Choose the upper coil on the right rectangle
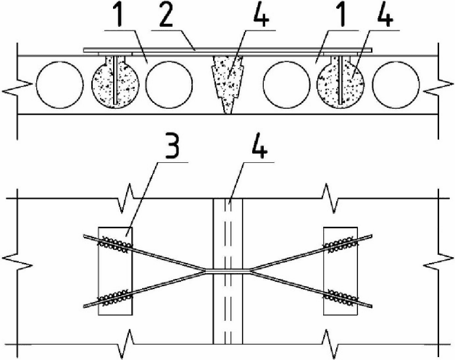(x=340, y=243)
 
